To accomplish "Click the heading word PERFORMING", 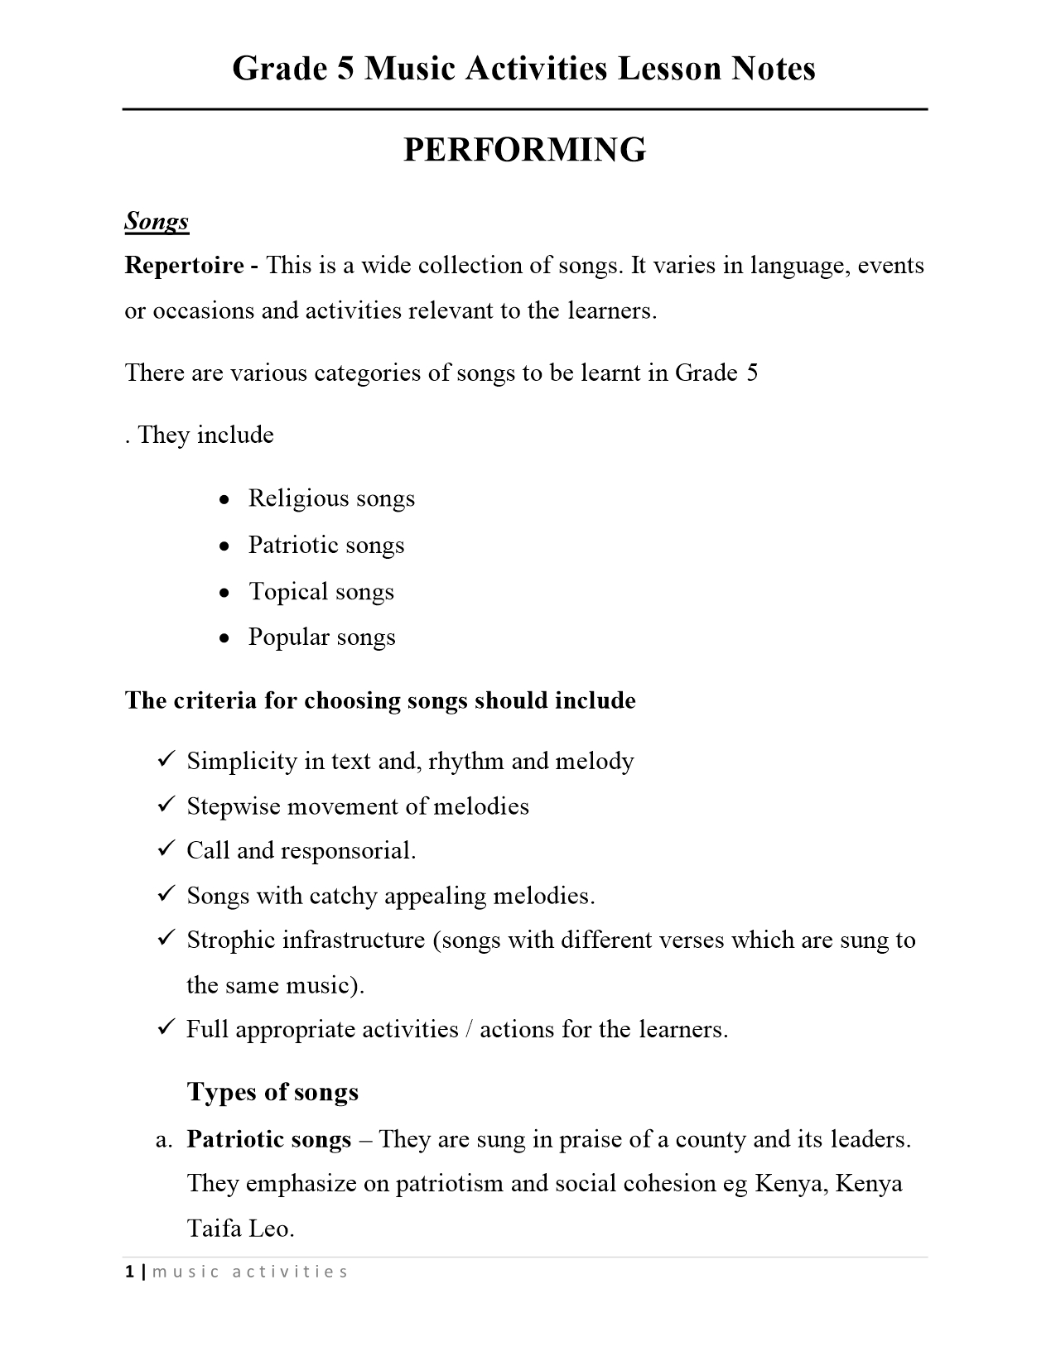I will (524, 150).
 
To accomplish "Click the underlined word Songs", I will (157, 221).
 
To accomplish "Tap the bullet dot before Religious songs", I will (224, 500).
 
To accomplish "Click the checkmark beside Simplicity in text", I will (165, 758).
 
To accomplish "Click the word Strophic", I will (230, 940).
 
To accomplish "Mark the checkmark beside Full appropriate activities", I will (165, 1027).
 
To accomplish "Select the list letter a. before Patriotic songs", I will (163, 1140).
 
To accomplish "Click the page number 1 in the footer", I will (129, 1272).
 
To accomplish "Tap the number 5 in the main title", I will (346, 68).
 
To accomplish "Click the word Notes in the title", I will (773, 68).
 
